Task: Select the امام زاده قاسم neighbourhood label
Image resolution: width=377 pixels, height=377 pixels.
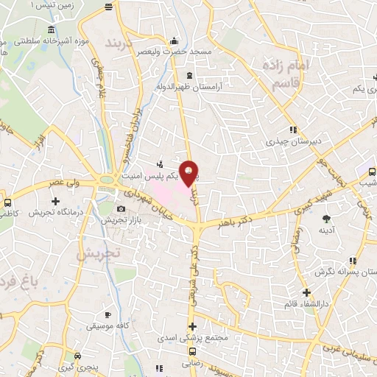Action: pos(288,76)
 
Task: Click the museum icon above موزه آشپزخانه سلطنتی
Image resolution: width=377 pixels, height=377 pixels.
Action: pos(50,30)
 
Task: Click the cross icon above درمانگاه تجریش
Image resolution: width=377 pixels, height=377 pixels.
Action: pos(55,200)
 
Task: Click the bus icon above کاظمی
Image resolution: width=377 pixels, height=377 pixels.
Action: pos(7,202)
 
